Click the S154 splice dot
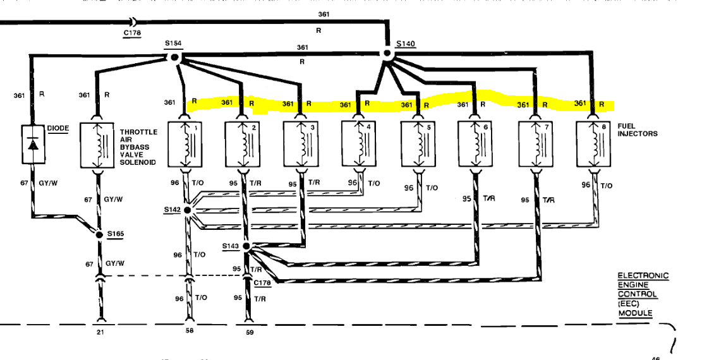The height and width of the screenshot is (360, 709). [x=175, y=57]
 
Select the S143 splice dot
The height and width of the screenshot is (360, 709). [x=246, y=246]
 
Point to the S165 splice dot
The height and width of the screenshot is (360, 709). [x=99, y=234]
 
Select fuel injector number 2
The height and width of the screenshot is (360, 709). [x=242, y=145]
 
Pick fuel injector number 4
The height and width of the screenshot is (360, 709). [x=358, y=145]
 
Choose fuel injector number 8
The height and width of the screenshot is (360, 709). [x=593, y=145]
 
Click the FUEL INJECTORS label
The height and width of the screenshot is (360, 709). [x=637, y=130]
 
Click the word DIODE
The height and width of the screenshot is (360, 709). [x=58, y=128]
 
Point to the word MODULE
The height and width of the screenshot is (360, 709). [x=634, y=314]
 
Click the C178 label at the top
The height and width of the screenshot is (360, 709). [x=131, y=33]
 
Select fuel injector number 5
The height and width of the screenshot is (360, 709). [x=418, y=145]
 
